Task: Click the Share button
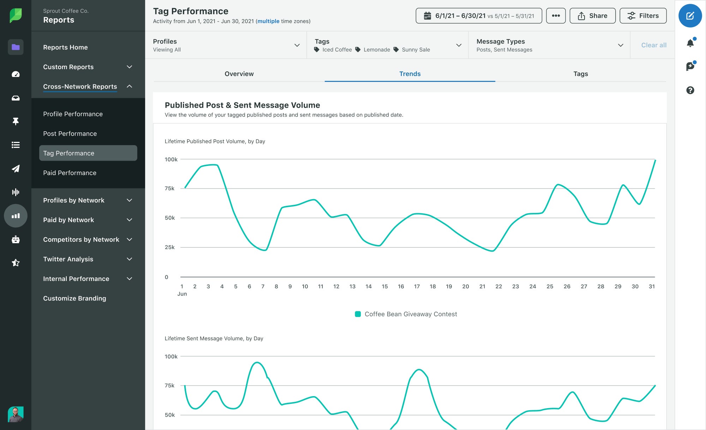tap(592, 16)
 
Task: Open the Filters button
tap(643, 16)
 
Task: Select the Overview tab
tap(239, 74)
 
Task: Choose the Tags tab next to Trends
tap(580, 74)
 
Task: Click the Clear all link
tap(653, 45)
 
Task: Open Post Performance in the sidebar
tap(70, 133)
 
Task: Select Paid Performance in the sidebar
tap(70, 173)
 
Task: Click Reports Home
tap(65, 47)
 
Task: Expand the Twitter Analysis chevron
tap(130, 259)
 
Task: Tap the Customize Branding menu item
tap(74, 298)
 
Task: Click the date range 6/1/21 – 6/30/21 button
tap(479, 16)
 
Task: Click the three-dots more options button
tap(556, 16)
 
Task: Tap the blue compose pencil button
tap(690, 16)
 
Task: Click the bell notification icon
tap(690, 43)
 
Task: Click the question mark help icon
tap(690, 90)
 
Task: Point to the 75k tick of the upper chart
tap(169, 189)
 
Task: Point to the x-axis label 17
tap(417, 286)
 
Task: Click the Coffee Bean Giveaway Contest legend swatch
tap(358, 314)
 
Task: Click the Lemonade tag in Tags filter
tap(376, 50)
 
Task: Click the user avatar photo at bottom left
tap(16, 414)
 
